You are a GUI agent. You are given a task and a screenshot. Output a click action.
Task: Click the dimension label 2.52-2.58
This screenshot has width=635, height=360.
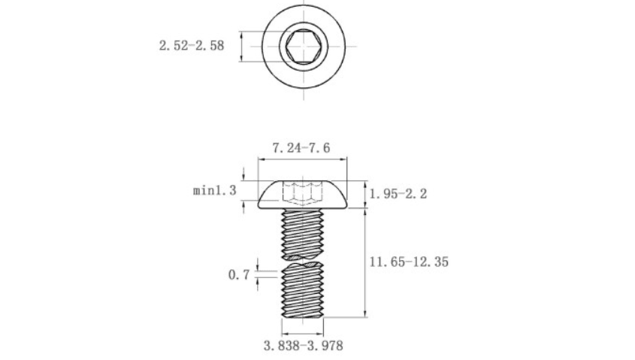pos(192,45)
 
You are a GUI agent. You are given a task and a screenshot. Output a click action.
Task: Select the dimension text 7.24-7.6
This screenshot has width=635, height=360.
pos(301,148)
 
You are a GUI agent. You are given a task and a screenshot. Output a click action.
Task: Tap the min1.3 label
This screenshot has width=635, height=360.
pos(215,189)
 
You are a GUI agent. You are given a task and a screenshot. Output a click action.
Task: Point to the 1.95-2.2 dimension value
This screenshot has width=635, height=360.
pos(398,194)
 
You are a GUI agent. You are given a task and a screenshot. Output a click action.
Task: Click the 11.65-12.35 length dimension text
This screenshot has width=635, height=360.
pos(409,262)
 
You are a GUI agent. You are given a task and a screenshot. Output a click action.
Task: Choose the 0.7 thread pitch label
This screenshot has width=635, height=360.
pos(239,275)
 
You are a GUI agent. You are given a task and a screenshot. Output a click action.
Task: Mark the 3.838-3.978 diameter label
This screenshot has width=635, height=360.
pos(304,346)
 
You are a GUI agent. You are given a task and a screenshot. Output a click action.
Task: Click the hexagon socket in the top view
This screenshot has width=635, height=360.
pos(304,46)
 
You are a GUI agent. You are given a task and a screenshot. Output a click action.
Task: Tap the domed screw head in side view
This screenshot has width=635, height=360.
pos(303,195)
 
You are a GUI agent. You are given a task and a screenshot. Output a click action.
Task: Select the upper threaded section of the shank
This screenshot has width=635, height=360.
pos(303,234)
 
